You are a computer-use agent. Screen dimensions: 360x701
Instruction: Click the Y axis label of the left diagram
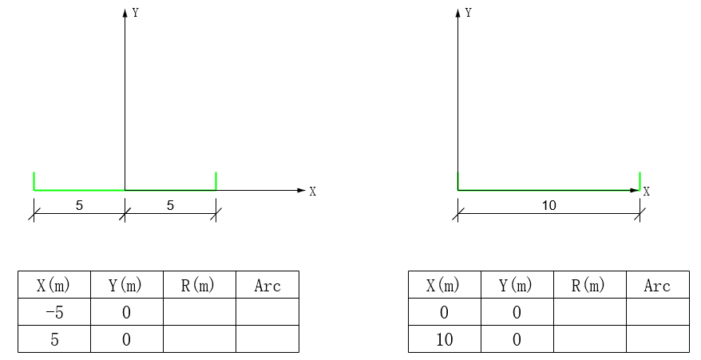coord(137,13)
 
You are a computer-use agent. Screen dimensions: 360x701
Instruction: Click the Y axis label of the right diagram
coord(469,13)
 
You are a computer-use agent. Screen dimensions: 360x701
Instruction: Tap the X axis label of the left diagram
coord(313,192)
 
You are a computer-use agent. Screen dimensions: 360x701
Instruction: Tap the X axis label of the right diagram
coord(646,192)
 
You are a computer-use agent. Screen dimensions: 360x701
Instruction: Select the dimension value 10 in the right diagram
coord(549,206)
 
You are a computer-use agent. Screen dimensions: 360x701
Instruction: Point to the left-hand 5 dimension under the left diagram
coord(79,206)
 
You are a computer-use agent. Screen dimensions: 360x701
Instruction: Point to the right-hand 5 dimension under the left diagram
coord(170,206)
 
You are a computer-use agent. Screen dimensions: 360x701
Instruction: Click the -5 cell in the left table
coord(54,312)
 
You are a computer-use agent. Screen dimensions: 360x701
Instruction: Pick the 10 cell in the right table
coord(444,339)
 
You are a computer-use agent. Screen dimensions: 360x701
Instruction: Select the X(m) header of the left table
coord(54,285)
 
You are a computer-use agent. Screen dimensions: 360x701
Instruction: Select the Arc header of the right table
coord(657,285)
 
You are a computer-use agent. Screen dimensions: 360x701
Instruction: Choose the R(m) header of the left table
coord(199,285)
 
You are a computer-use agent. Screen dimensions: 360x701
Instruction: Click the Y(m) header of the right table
coord(517,285)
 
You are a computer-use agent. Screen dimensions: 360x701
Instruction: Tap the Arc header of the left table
coord(267,285)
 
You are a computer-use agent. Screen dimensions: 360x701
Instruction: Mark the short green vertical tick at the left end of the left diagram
coord(34,180)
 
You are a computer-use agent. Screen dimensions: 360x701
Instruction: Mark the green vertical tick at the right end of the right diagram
coord(640,180)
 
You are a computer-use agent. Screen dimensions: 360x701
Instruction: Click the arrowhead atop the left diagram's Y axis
coord(125,13)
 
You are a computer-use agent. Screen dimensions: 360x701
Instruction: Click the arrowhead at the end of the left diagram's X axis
coord(301,190)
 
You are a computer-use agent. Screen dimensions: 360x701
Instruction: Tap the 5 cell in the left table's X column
coord(54,339)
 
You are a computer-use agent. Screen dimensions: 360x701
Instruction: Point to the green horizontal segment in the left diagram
coord(79,190)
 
